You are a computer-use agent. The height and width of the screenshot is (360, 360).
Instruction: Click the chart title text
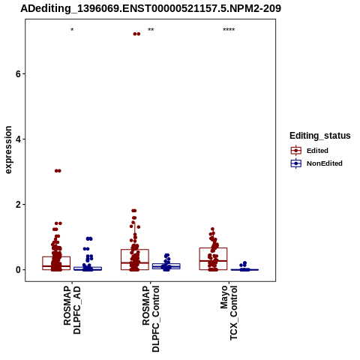tap(151, 8)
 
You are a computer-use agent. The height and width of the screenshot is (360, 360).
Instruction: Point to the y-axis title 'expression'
tap(8, 150)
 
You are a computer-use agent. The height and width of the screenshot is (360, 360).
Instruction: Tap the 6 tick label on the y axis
tap(18, 73)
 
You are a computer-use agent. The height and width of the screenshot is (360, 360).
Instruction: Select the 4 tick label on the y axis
tap(18, 139)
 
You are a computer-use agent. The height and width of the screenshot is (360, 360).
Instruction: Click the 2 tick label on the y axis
tap(18, 205)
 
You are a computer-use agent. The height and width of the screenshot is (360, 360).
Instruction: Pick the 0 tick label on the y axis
tap(18, 270)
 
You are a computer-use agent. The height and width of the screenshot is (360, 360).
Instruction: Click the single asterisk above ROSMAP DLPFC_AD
tap(72, 30)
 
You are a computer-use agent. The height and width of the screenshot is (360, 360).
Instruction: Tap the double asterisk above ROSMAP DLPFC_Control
tap(151, 30)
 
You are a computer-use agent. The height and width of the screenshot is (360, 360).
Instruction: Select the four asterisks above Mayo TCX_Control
tap(229, 30)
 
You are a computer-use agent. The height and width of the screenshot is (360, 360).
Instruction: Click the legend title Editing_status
tap(320, 136)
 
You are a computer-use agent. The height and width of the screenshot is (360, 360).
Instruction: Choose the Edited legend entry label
tap(317, 151)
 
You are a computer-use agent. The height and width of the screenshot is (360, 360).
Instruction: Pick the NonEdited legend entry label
tap(325, 163)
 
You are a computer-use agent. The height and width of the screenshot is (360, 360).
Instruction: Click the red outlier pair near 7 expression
tap(136, 34)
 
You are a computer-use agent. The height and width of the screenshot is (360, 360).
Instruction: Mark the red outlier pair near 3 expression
tap(58, 171)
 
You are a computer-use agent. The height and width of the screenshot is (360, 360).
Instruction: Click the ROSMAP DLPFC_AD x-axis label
tap(73, 310)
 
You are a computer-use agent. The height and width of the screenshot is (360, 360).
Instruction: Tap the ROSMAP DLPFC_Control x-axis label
tap(151, 319)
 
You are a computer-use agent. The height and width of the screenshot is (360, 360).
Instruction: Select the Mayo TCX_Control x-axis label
tap(229, 313)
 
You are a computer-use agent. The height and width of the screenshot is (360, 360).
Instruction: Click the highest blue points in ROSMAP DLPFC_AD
tap(89, 238)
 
